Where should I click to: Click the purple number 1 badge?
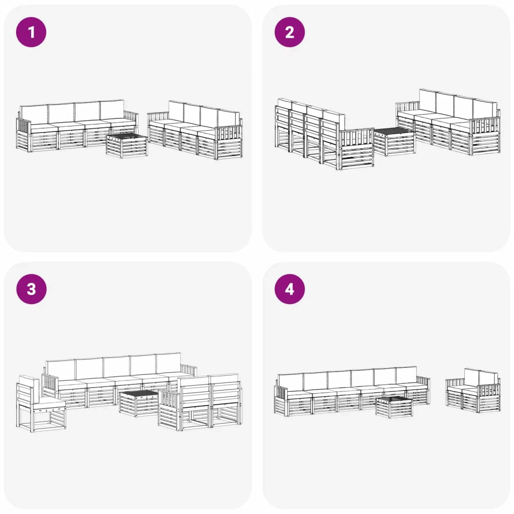31,32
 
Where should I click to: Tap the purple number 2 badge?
290,32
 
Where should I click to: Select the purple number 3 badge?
31,289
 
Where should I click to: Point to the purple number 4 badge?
290,289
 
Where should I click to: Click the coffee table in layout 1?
126,146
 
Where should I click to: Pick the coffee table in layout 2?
395,142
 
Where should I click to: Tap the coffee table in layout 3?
139,403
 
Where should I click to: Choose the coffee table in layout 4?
394,407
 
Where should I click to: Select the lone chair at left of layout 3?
41,404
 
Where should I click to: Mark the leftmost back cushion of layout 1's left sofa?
34,114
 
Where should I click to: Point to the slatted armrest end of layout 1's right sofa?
229,142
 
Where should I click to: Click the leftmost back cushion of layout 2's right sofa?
428,101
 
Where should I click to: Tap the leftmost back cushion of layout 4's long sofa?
291,382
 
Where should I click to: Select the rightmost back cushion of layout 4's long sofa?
406,375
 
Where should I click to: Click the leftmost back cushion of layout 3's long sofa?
61,370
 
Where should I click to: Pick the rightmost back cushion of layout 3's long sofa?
168,363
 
